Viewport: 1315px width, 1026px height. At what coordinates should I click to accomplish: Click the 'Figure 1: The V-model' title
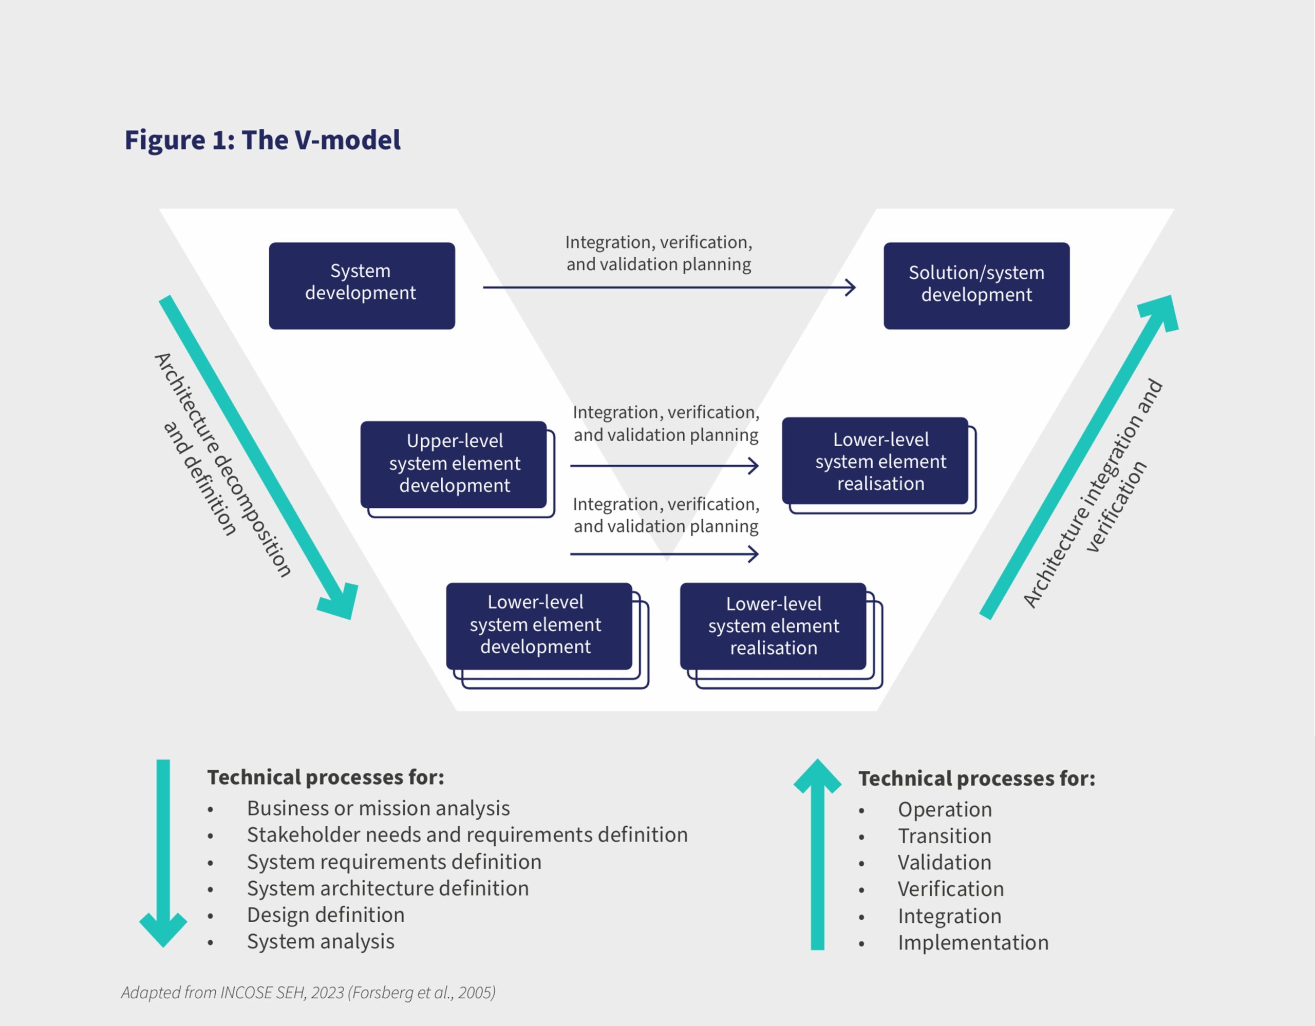262,140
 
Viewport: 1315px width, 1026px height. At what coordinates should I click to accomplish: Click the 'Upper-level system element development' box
454,463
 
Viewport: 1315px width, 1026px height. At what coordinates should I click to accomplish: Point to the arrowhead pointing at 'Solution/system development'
851,288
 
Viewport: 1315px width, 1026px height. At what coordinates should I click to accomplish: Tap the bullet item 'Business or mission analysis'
378,808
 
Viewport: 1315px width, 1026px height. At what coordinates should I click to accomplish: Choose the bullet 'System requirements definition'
394,862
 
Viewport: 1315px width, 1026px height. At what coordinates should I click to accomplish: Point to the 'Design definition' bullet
326,915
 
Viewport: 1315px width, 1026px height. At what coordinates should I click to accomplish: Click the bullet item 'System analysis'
321,941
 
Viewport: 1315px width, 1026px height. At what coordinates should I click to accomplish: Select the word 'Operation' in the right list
945,809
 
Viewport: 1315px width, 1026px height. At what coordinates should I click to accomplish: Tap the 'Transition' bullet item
944,836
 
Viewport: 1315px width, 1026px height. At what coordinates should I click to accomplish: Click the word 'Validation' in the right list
944,862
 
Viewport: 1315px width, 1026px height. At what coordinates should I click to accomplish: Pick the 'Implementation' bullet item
973,942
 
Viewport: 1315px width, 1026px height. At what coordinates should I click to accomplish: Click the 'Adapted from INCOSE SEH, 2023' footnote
308,992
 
